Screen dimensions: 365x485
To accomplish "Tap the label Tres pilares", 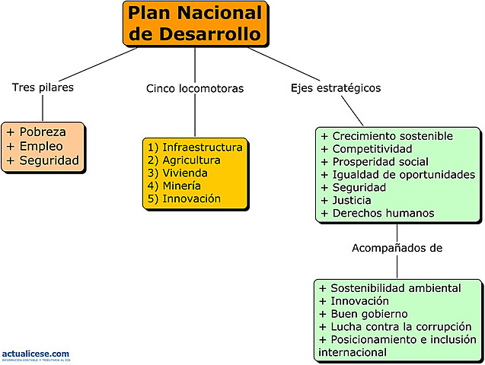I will [43, 87].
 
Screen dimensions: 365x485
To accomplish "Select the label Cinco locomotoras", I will [195, 89].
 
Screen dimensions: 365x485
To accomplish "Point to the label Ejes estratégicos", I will [336, 88].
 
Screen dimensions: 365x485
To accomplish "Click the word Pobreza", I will [43, 132].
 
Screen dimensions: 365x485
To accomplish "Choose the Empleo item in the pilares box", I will [41, 146].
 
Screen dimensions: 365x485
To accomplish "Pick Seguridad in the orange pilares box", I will [48, 160].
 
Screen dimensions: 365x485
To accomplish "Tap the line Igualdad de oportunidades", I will [403, 175].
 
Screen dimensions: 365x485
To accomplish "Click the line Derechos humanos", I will [383, 214].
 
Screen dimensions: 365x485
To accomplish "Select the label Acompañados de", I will [397, 248].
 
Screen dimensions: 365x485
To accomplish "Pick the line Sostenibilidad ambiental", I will [395, 288].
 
